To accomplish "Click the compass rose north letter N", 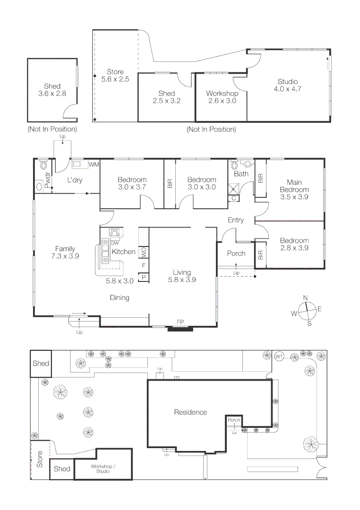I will pyautogui.click(x=306, y=297).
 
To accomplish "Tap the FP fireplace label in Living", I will pyautogui.click(x=180, y=322).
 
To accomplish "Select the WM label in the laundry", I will pyautogui.click(x=94, y=164).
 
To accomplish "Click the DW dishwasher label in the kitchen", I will pyautogui.click(x=115, y=243).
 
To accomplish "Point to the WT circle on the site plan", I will pyautogui.click(x=279, y=356).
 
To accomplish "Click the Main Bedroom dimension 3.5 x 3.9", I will pyautogui.click(x=294, y=197).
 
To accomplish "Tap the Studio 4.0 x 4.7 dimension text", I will pyautogui.click(x=288, y=89).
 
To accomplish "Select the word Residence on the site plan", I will pyautogui.click(x=190, y=412).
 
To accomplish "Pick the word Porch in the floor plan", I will pyautogui.click(x=236, y=254).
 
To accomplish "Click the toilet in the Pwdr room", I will pyautogui.click(x=43, y=165).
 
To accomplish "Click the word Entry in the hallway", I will pyautogui.click(x=236, y=220).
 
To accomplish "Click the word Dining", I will pyautogui.click(x=120, y=297).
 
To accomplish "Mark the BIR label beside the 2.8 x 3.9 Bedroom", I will pyautogui.click(x=260, y=255).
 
